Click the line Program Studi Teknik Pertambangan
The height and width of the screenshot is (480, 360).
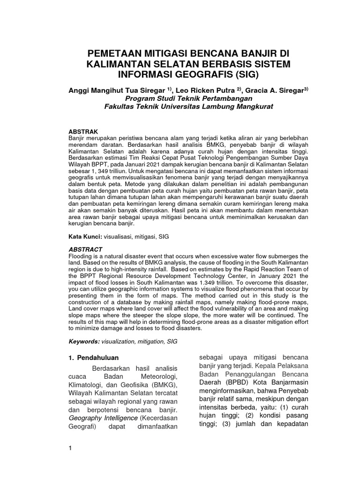[188, 98]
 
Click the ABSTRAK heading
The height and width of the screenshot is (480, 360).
[82, 132]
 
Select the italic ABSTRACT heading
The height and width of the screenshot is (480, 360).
[85, 249]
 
